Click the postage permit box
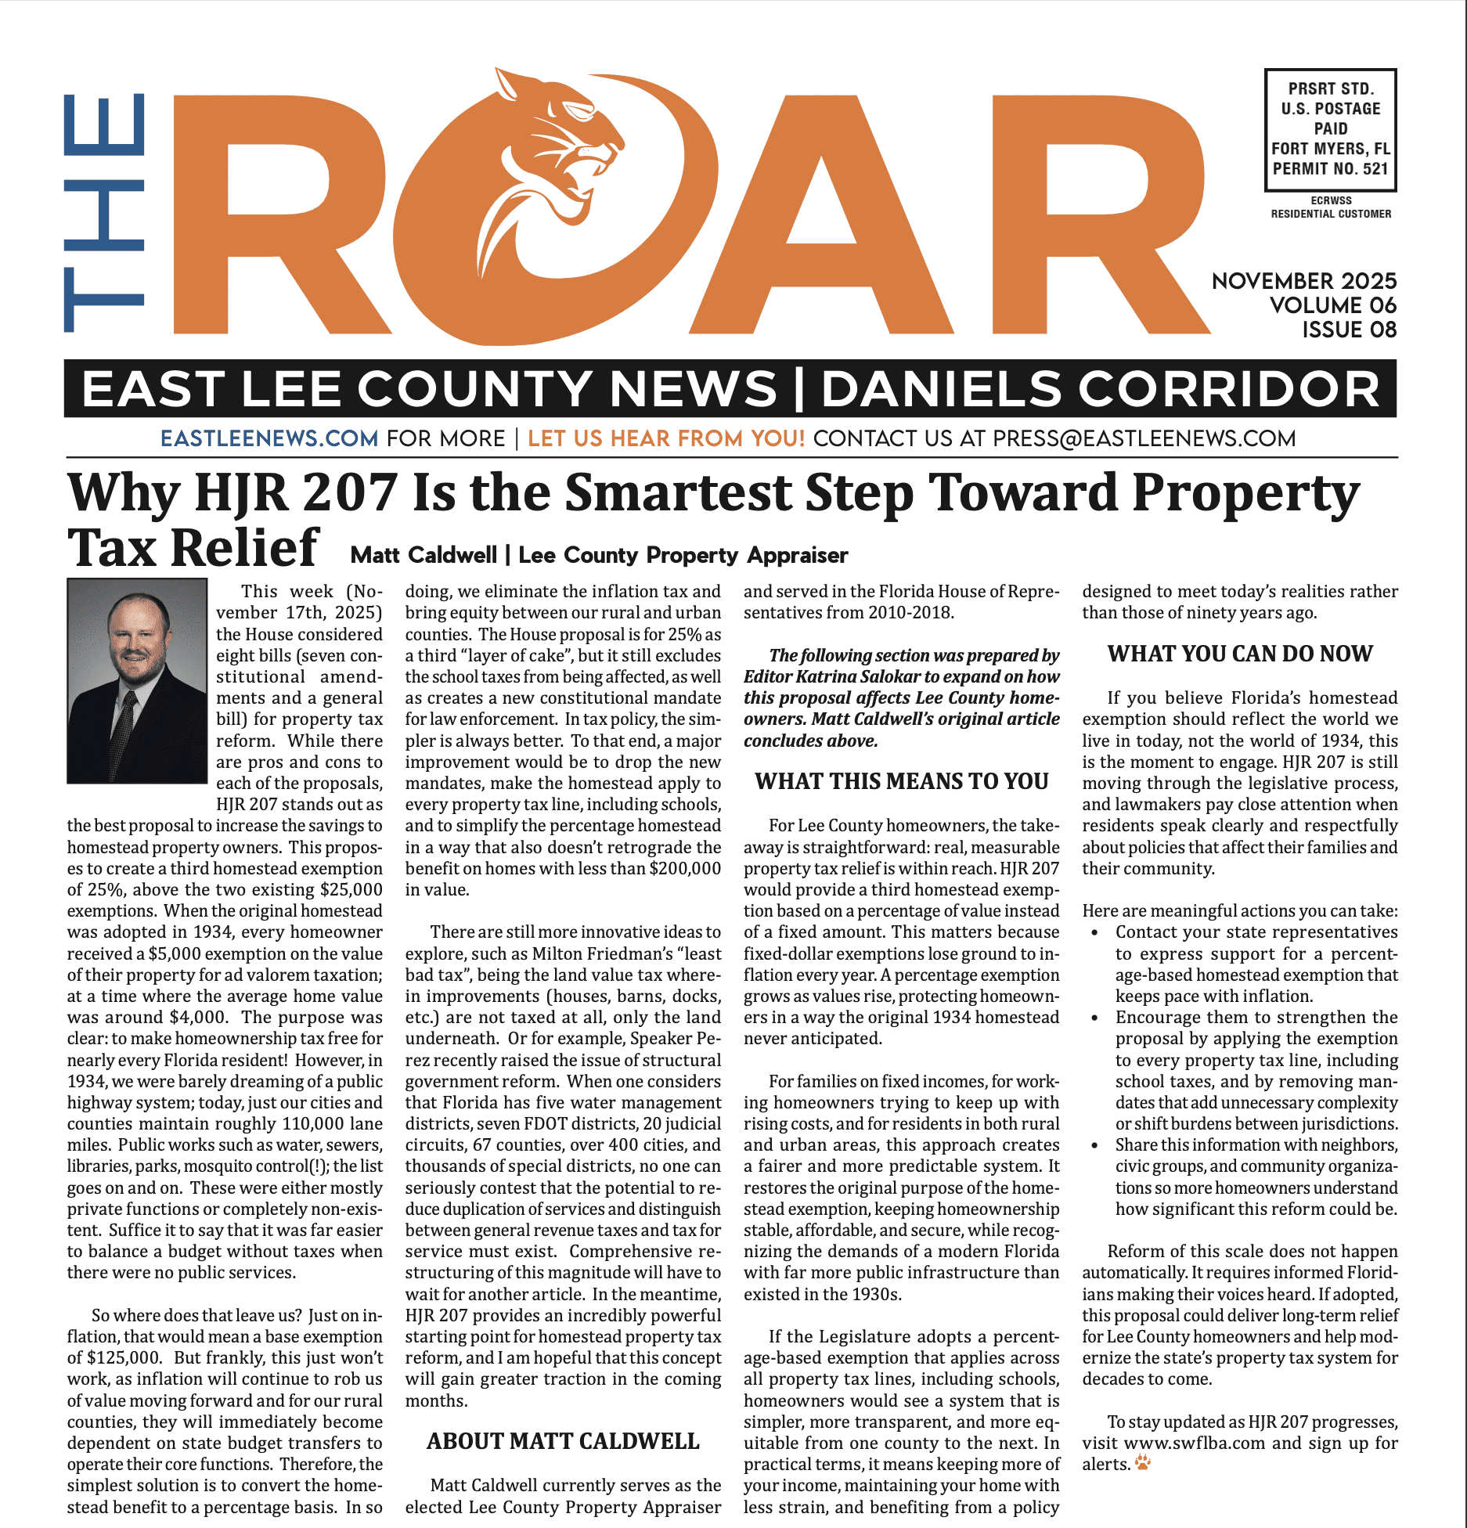(x=1330, y=129)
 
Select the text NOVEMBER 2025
(x=1303, y=281)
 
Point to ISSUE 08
(x=1349, y=330)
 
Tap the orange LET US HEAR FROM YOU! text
(x=666, y=438)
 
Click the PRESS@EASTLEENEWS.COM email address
(x=1144, y=438)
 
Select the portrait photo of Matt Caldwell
(x=137, y=680)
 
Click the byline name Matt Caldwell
(x=423, y=555)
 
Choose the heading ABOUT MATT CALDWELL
(x=563, y=1441)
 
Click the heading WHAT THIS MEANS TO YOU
(x=901, y=781)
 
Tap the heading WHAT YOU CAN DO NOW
(x=1240, y=654)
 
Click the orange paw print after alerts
(x=1143, y=1462)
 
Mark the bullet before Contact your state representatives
(x=1094, y=932)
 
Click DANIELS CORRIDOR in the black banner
(x=1100, y=389)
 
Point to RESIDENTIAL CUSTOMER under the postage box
(x=1331, y=214)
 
